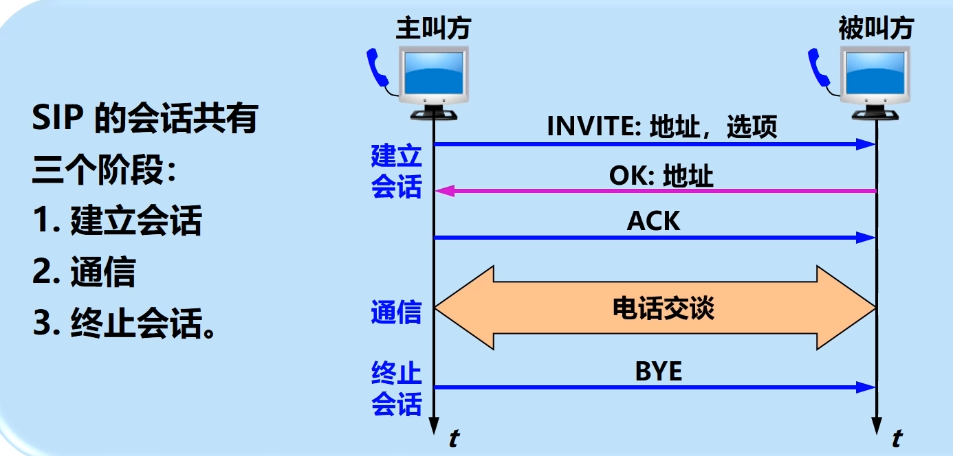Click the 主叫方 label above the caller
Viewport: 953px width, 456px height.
pos(434,29)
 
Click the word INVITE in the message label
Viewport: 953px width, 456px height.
pos(593,127)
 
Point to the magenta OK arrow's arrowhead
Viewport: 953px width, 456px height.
pos(444,191)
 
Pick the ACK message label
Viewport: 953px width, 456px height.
pos(653,221)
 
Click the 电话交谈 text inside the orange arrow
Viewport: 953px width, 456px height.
pos(663,308)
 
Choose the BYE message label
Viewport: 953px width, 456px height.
pos(658,372)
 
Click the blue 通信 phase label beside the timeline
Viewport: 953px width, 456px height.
pos(396,312)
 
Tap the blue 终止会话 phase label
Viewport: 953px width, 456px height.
pos(396,389)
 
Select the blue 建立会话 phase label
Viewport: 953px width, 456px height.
pos(396,172)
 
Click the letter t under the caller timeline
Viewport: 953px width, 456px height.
pos(453,438)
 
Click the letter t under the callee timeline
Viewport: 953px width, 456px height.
pos(897,438)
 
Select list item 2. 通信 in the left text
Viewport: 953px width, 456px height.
pos(83,273)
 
